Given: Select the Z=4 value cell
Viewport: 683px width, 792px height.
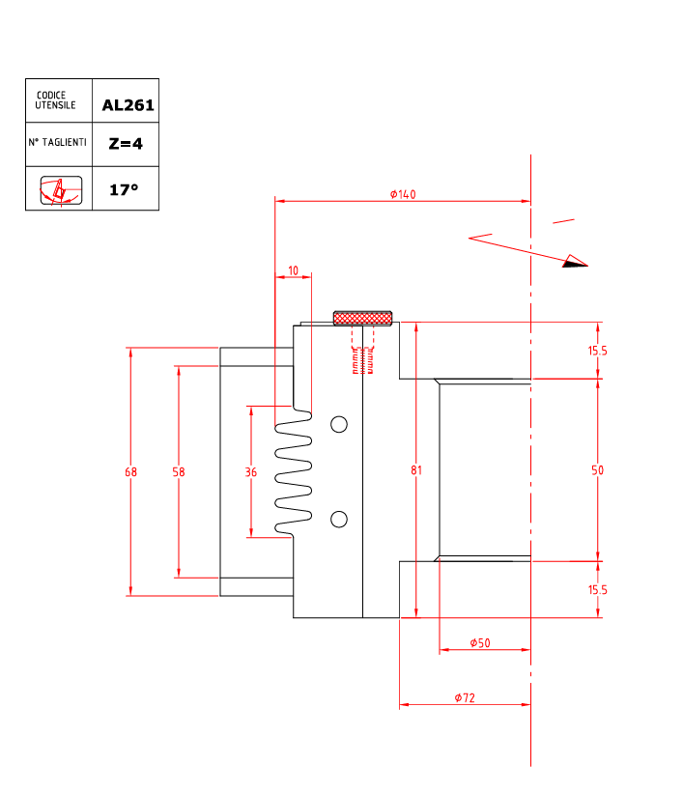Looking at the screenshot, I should [126, 143].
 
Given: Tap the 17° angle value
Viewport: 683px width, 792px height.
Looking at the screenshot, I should [124, 189].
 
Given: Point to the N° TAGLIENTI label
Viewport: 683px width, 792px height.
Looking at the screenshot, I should [58, 142].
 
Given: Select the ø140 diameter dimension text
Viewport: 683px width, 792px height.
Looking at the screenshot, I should [403, 194].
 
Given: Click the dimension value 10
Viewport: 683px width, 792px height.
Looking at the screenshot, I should [293, 271].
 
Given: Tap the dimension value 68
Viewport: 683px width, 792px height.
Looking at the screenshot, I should [130, 472].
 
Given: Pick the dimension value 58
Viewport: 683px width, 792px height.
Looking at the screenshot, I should [179, 472].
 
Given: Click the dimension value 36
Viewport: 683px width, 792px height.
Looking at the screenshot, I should [251, 472].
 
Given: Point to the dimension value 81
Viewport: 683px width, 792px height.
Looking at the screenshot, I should [416, 470].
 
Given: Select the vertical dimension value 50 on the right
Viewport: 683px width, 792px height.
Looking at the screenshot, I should [597, 470].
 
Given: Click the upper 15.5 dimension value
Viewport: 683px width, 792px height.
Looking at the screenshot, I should [597, 351].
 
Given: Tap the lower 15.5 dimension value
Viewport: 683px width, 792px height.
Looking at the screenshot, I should [597, 589].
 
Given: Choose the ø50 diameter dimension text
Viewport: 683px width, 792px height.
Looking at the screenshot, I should [480, 643].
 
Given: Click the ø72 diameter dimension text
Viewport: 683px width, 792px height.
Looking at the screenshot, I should [465, 697].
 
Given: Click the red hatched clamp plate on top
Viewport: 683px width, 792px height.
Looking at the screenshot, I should [362, 318].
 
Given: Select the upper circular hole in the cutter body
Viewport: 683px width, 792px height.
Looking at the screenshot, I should [339, 424].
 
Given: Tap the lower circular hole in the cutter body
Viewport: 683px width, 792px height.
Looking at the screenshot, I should [339, 520].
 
